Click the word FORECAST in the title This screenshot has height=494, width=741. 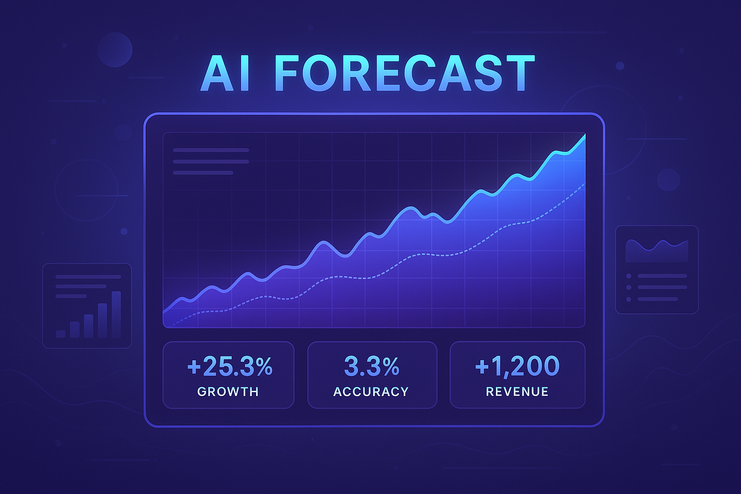point(404,73)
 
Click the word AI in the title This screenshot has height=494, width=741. point(225,74)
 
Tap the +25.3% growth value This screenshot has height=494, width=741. point(229,366)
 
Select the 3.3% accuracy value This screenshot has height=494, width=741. point(371,366)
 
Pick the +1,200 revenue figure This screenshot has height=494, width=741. point(517,366)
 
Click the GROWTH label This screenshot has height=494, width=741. point(228,392)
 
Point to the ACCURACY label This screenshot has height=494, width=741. point(371,392)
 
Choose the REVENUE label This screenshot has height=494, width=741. point(517,392)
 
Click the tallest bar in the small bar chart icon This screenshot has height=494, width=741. point(116,314)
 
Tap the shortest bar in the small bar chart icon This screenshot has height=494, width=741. point(61,334)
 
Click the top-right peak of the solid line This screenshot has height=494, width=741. point(584,136)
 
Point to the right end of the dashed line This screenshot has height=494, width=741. point(584,184)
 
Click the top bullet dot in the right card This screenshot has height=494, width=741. point(629,276)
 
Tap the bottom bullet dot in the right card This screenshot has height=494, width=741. point(629,299)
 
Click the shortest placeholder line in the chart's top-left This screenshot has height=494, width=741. point(203,173)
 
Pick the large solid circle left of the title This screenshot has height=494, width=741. point(115,50)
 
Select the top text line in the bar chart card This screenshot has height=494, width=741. point(88,277)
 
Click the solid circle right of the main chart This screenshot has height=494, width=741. point(668,179)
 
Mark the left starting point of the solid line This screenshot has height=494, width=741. point(165,312)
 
